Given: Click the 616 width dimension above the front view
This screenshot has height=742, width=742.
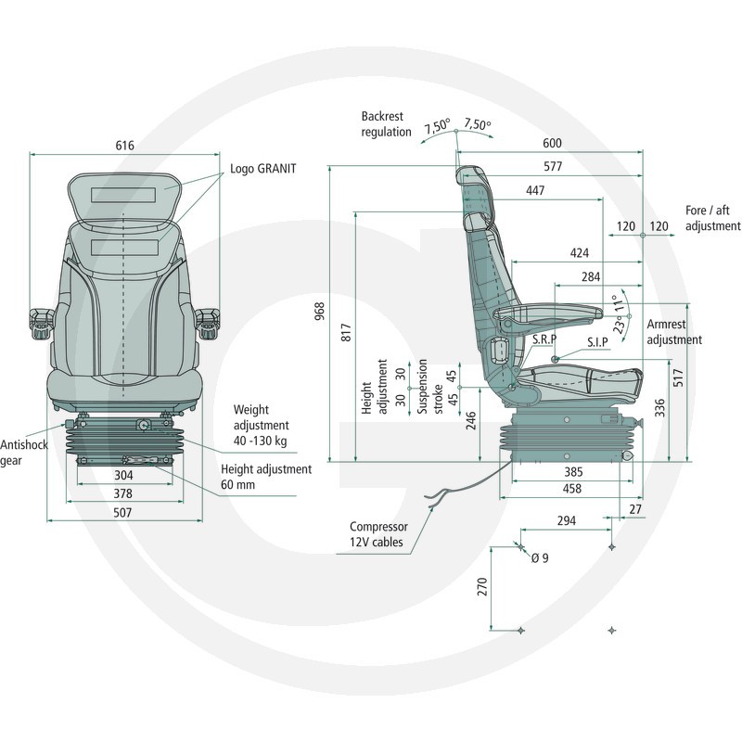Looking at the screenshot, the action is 124,146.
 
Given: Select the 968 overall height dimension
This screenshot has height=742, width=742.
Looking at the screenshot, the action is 320,312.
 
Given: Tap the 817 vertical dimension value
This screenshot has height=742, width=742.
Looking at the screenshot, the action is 346,333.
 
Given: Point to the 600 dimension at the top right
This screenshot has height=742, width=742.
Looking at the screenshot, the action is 552,143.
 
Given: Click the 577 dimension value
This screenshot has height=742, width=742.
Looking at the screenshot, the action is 553,166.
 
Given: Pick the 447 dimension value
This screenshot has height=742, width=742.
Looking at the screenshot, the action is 535,190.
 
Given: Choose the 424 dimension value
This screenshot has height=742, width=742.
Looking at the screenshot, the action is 579,252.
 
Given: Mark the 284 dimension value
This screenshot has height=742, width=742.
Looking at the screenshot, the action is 591,276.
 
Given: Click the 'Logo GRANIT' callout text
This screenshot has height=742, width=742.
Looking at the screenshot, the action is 263,169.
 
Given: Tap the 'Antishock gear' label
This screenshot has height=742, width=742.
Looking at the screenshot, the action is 24,453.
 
